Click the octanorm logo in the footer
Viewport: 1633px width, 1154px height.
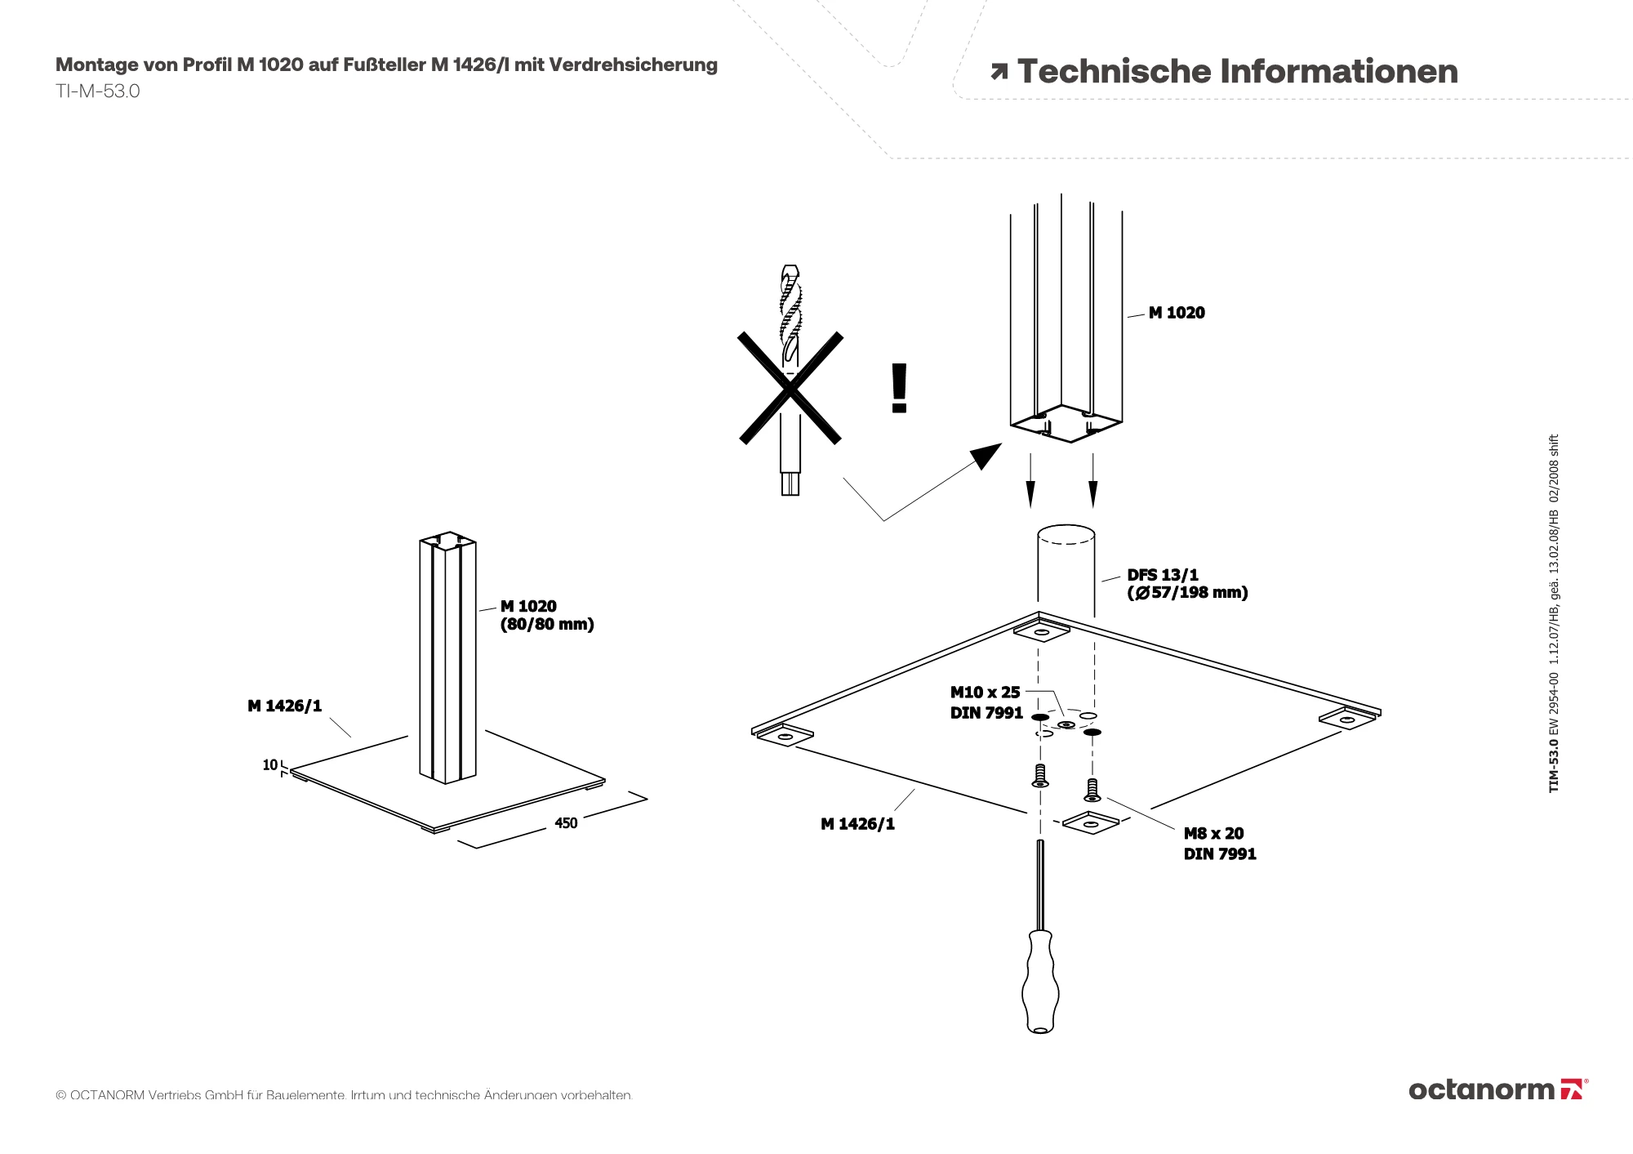(x=1497, y=1089)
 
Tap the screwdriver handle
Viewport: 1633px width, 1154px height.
(x=1040, y=980)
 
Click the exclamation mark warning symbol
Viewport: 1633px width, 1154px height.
(x=899, y=389)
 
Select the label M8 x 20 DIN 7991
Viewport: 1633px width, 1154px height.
(x=1220, y=844)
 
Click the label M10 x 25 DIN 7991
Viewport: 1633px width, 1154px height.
(x=986, y=702)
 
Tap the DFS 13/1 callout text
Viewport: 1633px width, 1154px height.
(x=1186, y=584)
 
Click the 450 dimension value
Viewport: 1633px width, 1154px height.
(x=566, y=823)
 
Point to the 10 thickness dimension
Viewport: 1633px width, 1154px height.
(x=270, y=765)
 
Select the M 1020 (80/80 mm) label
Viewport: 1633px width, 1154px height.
(x=546, y=615)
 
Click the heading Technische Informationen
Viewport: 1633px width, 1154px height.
(x=1237, y=72)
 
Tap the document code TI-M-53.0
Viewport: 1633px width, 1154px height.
(x=98, y=91)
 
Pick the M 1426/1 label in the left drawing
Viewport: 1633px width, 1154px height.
(x=285, y=706)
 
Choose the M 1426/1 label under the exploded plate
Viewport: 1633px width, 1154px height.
(x=857, y=824)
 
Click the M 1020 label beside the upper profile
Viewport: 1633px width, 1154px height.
(x=1177, y=313)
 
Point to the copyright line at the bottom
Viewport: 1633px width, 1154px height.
(x=344, y=1095)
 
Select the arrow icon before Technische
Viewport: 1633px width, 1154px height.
(x=999, y=73)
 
